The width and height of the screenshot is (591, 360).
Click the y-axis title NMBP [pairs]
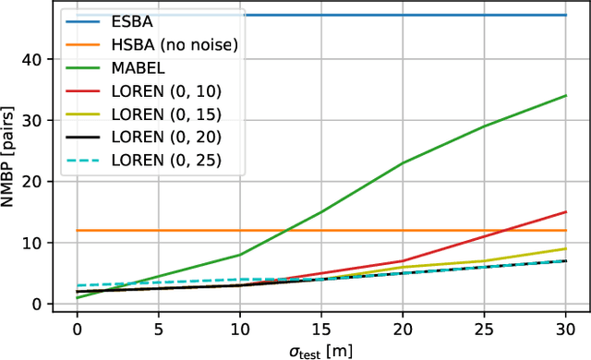point(11,157)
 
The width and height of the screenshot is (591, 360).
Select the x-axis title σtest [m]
point(320,350)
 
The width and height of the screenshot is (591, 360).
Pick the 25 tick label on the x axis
point(484,329)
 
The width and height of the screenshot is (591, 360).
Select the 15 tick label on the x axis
point(320,329)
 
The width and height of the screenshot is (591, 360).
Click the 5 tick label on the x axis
point(158,329)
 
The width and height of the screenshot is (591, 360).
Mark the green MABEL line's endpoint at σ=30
point(565,95)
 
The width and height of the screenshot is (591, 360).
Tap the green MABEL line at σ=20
point(403,163)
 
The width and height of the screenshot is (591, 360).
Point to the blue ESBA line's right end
point(565,16)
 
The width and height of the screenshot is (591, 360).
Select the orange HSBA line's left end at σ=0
point(77,231)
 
